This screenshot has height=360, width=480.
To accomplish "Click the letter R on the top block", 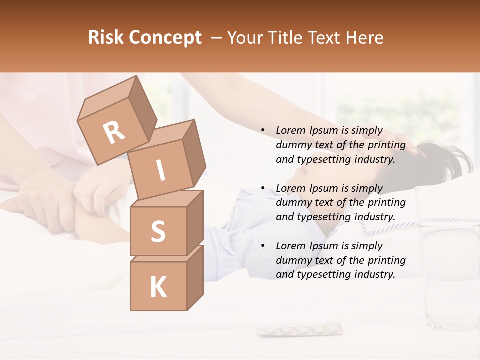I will click(x=114, y=133).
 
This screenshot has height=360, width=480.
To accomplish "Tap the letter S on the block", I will click(x=158, y=231).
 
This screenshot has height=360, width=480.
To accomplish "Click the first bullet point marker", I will click(x=263, y=131).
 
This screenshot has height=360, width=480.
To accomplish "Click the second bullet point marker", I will click(x=263, y=188).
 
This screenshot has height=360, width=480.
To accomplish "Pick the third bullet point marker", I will click(x=263, y=246).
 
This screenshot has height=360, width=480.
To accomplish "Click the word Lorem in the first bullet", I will click(x=290, y=131).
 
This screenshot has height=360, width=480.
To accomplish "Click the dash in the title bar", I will click(x=216, y=38).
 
